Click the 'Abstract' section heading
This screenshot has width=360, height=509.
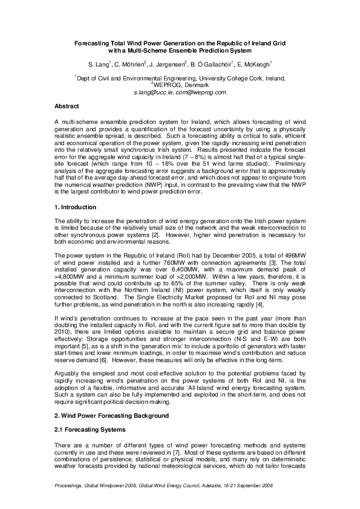point(67,106)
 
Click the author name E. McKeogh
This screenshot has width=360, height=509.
point(253,63)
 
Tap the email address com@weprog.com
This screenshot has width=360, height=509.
point(200,92)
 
